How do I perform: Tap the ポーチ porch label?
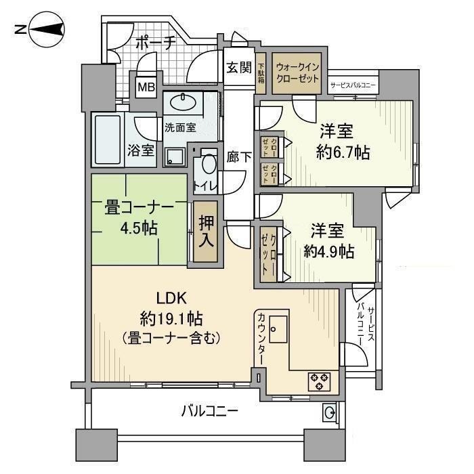tap(155, 42)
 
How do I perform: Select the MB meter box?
tap(145, 87)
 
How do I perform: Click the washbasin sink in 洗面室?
tap(181, 103)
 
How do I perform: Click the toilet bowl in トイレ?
tap(209, 165)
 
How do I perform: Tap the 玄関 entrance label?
tap(239, 67)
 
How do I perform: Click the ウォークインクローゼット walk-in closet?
tap(298, 72)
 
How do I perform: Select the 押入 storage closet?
tap(207, 230)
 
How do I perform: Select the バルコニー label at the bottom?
tap(209, 410)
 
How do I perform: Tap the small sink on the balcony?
tap(328, 411)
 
